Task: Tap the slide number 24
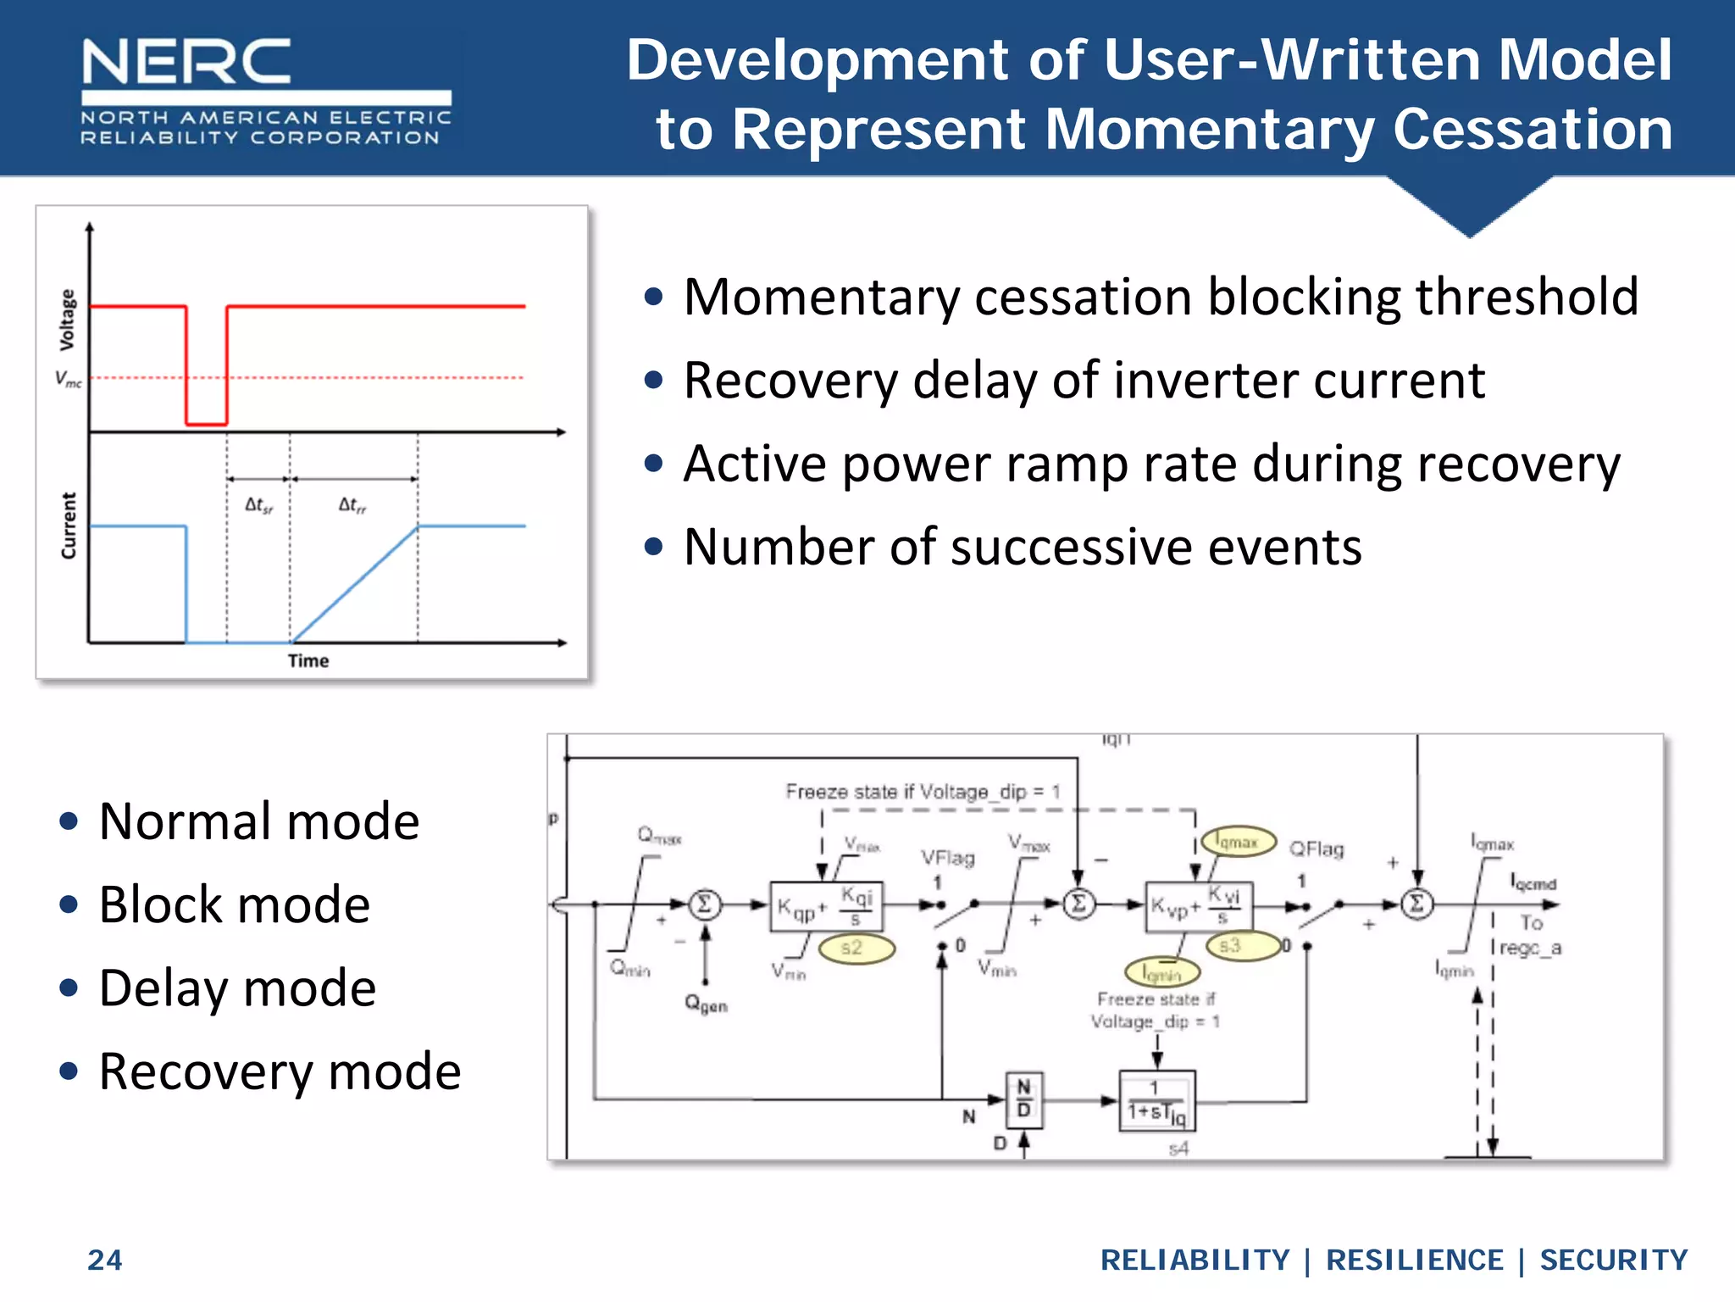[105, 1260]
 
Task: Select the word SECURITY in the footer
[1613, 1260]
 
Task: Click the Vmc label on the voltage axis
[69, 379]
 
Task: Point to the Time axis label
[308, 660]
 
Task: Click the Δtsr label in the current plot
[258, 506]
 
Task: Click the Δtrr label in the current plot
[352, 506]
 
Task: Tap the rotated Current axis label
[69, 526]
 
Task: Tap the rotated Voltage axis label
[67, 320]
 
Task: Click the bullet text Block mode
[235, 904]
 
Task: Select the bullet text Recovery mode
[280, 1071]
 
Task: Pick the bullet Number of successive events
[1023, 547]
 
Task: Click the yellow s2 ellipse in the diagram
[854, 948]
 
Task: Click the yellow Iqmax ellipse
[1238, 842]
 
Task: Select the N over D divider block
[1023, 1099]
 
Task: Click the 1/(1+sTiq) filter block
[1156, 1100]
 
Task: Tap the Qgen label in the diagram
[706, 1004]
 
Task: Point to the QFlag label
[1316, 849]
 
